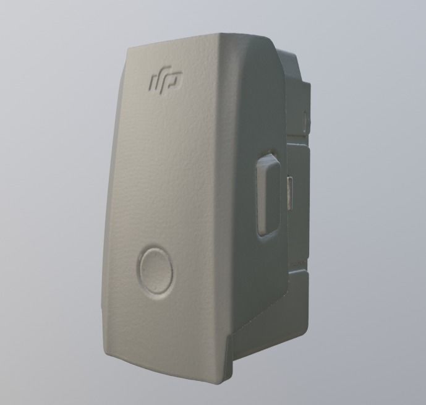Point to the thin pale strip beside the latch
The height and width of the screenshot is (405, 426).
coord(290,192)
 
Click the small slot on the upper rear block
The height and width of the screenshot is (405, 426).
coord(305,116)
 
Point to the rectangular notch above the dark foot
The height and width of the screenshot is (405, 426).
coord(297,266)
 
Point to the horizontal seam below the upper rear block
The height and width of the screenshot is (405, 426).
coord(300,144)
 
